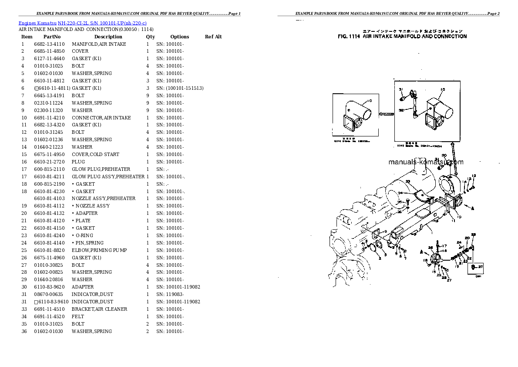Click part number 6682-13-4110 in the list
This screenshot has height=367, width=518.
pyautogui.click(x=49, y=44)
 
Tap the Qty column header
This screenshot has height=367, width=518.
pyautogui.click(x=150, y=37)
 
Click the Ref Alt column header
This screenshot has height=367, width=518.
pyautogui.click(x=213, y=37)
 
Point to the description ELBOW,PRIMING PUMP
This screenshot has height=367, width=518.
pyautogui.click(x=99, y=250)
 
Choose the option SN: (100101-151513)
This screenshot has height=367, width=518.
pyautogui.click(x=180, y=88)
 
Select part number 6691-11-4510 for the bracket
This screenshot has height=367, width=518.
pyautogui.click(x=49, y=309)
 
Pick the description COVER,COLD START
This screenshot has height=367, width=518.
pyautogui.click(x=95, y=154)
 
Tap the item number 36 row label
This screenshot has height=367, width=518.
pyautogui.click(x=24, y=331)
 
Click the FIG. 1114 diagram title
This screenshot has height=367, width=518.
pyautogui.click(x=402, y=37)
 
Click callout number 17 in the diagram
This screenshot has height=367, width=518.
pyautogui.click(x=444, y=246)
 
